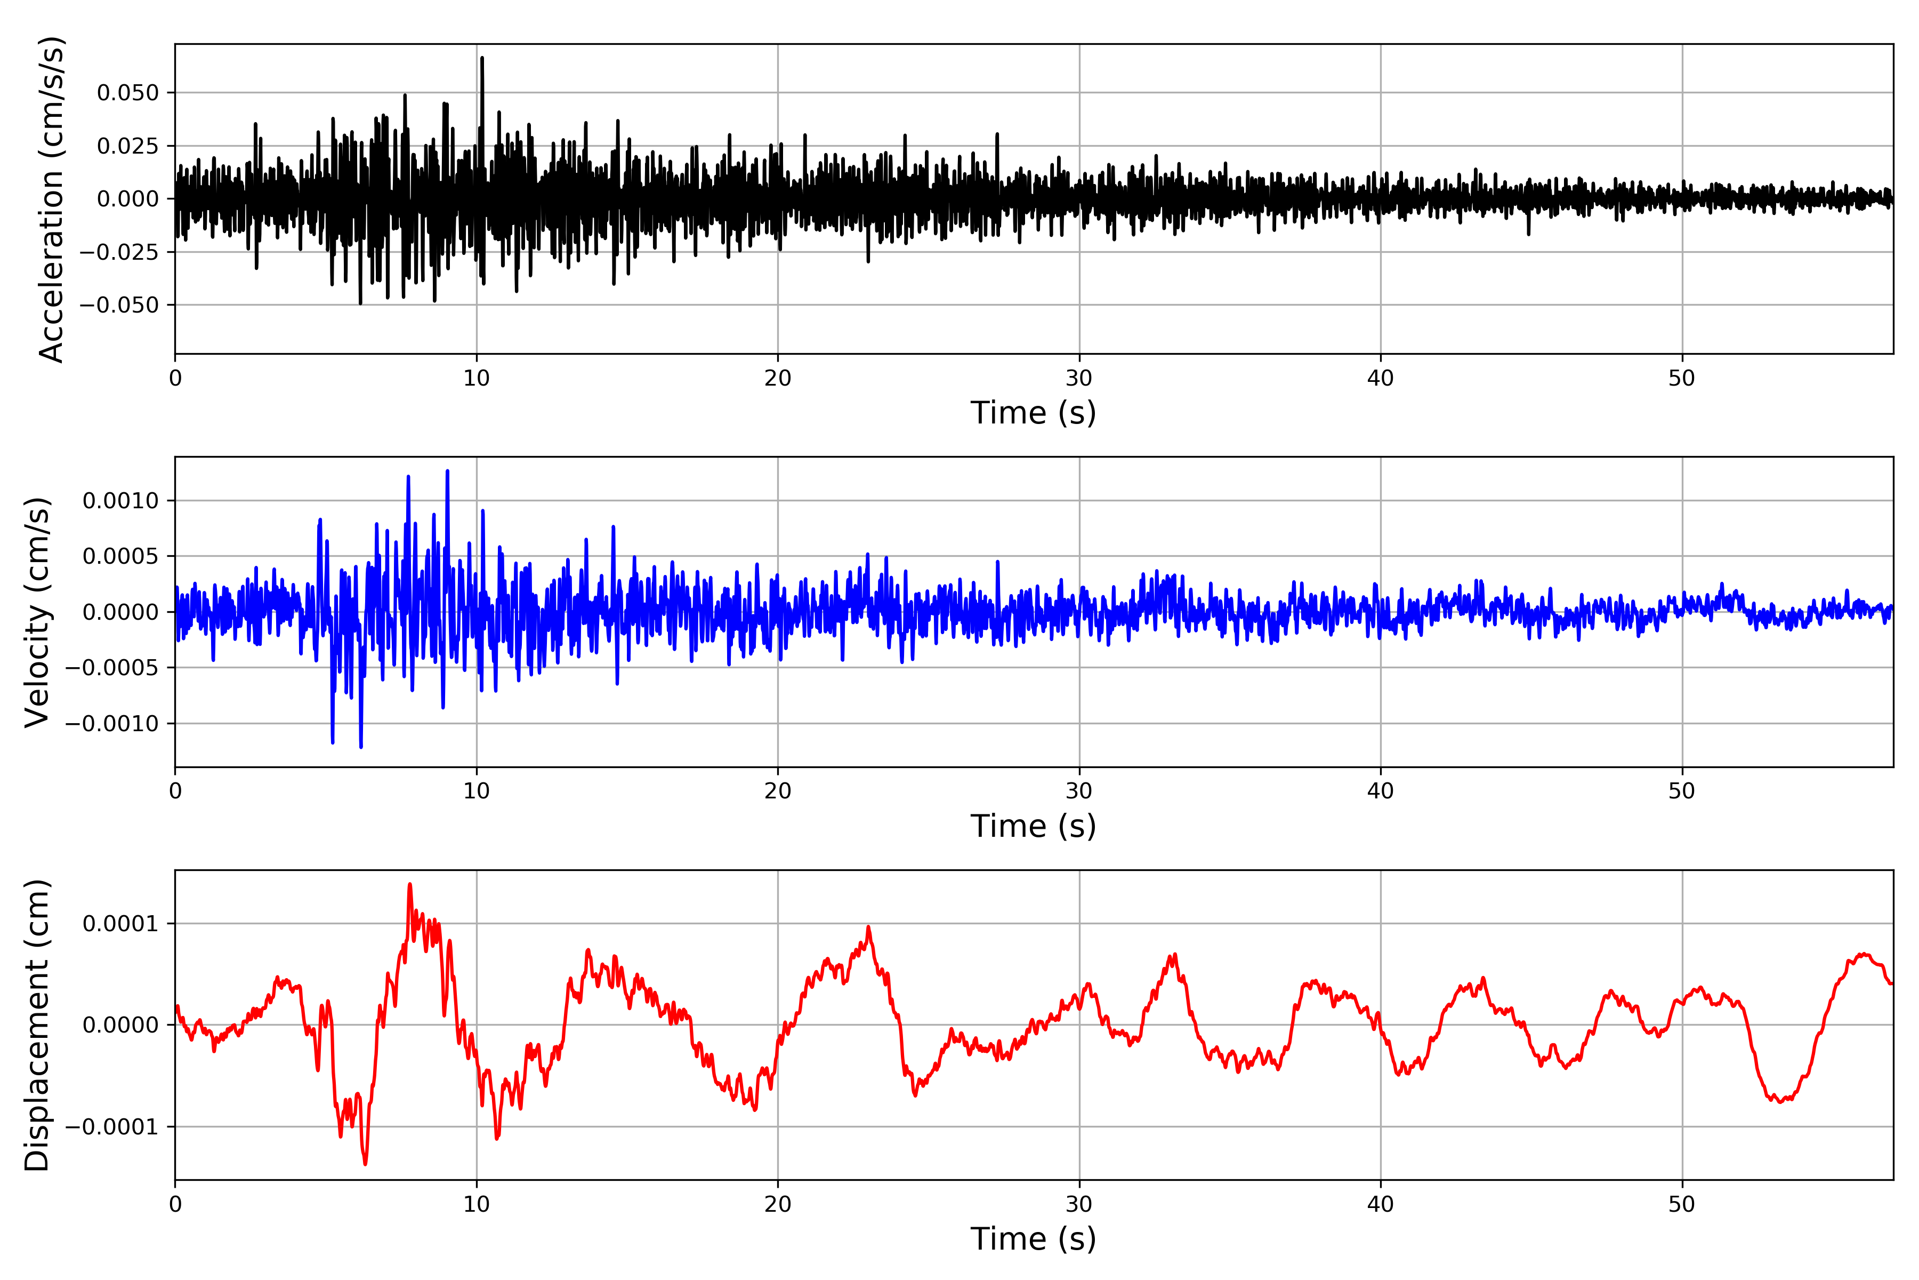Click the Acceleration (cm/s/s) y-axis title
[51, 199]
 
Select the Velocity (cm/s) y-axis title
[37, 612]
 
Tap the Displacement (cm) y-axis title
[37, 1025]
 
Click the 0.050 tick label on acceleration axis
[127, 93]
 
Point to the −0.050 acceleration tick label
[119, 305]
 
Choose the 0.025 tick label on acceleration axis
[127, 146]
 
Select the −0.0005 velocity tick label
[112, 668]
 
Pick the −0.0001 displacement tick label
[112, 1127]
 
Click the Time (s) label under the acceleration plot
[1033, 413]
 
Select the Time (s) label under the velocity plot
[1033, 826]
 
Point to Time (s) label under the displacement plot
[1033, 1239]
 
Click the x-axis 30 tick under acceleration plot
[1078, 379]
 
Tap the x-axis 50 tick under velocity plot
[1682, 791]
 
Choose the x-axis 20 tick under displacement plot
[778, 1204]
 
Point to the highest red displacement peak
[409, 885]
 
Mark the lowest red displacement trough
[365, 1163]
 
